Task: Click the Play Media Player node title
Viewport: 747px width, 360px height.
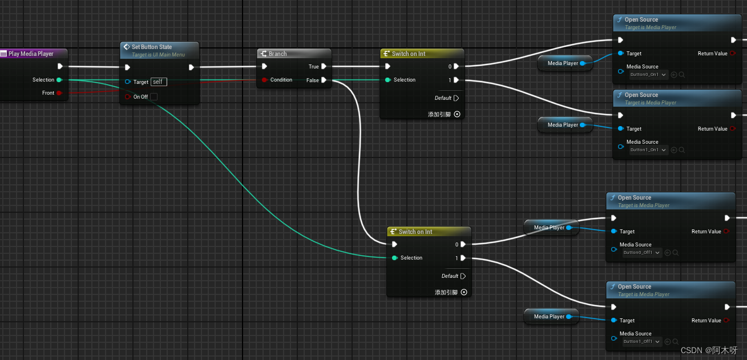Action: click(x=31, y=54)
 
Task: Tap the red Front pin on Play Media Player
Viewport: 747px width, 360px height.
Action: click(x=59, y=92)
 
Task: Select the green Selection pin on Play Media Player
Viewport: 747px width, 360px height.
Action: click(x=59, y=80)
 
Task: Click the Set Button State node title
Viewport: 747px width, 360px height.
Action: click(x=151, y=47)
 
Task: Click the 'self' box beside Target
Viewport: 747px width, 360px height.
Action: click(x=159, y=82)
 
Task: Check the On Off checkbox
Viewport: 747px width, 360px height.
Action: click(x=154, y=97)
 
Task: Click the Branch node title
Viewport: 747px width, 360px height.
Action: click(x=277, y=54)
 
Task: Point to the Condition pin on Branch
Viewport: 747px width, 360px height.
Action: click(x=264, y=80)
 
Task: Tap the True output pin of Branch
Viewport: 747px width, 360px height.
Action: click(x=324, y=67)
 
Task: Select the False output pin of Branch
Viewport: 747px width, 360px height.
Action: click(x=324, y=80)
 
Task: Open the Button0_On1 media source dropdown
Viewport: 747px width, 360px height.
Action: click(x=648, y=74)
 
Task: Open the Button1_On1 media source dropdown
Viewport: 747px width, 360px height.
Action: click(x=648, y=149)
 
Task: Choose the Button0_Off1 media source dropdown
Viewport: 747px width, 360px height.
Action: click(x=641, y=252)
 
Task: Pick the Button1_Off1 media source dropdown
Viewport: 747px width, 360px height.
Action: click(x=641, y=341)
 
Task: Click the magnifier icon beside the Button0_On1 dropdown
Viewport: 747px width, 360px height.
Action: click(x=682, y=74)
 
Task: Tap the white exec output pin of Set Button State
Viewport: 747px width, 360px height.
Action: click(x=191, y=67)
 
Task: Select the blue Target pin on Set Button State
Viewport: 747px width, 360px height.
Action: click(x=127, y=82)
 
